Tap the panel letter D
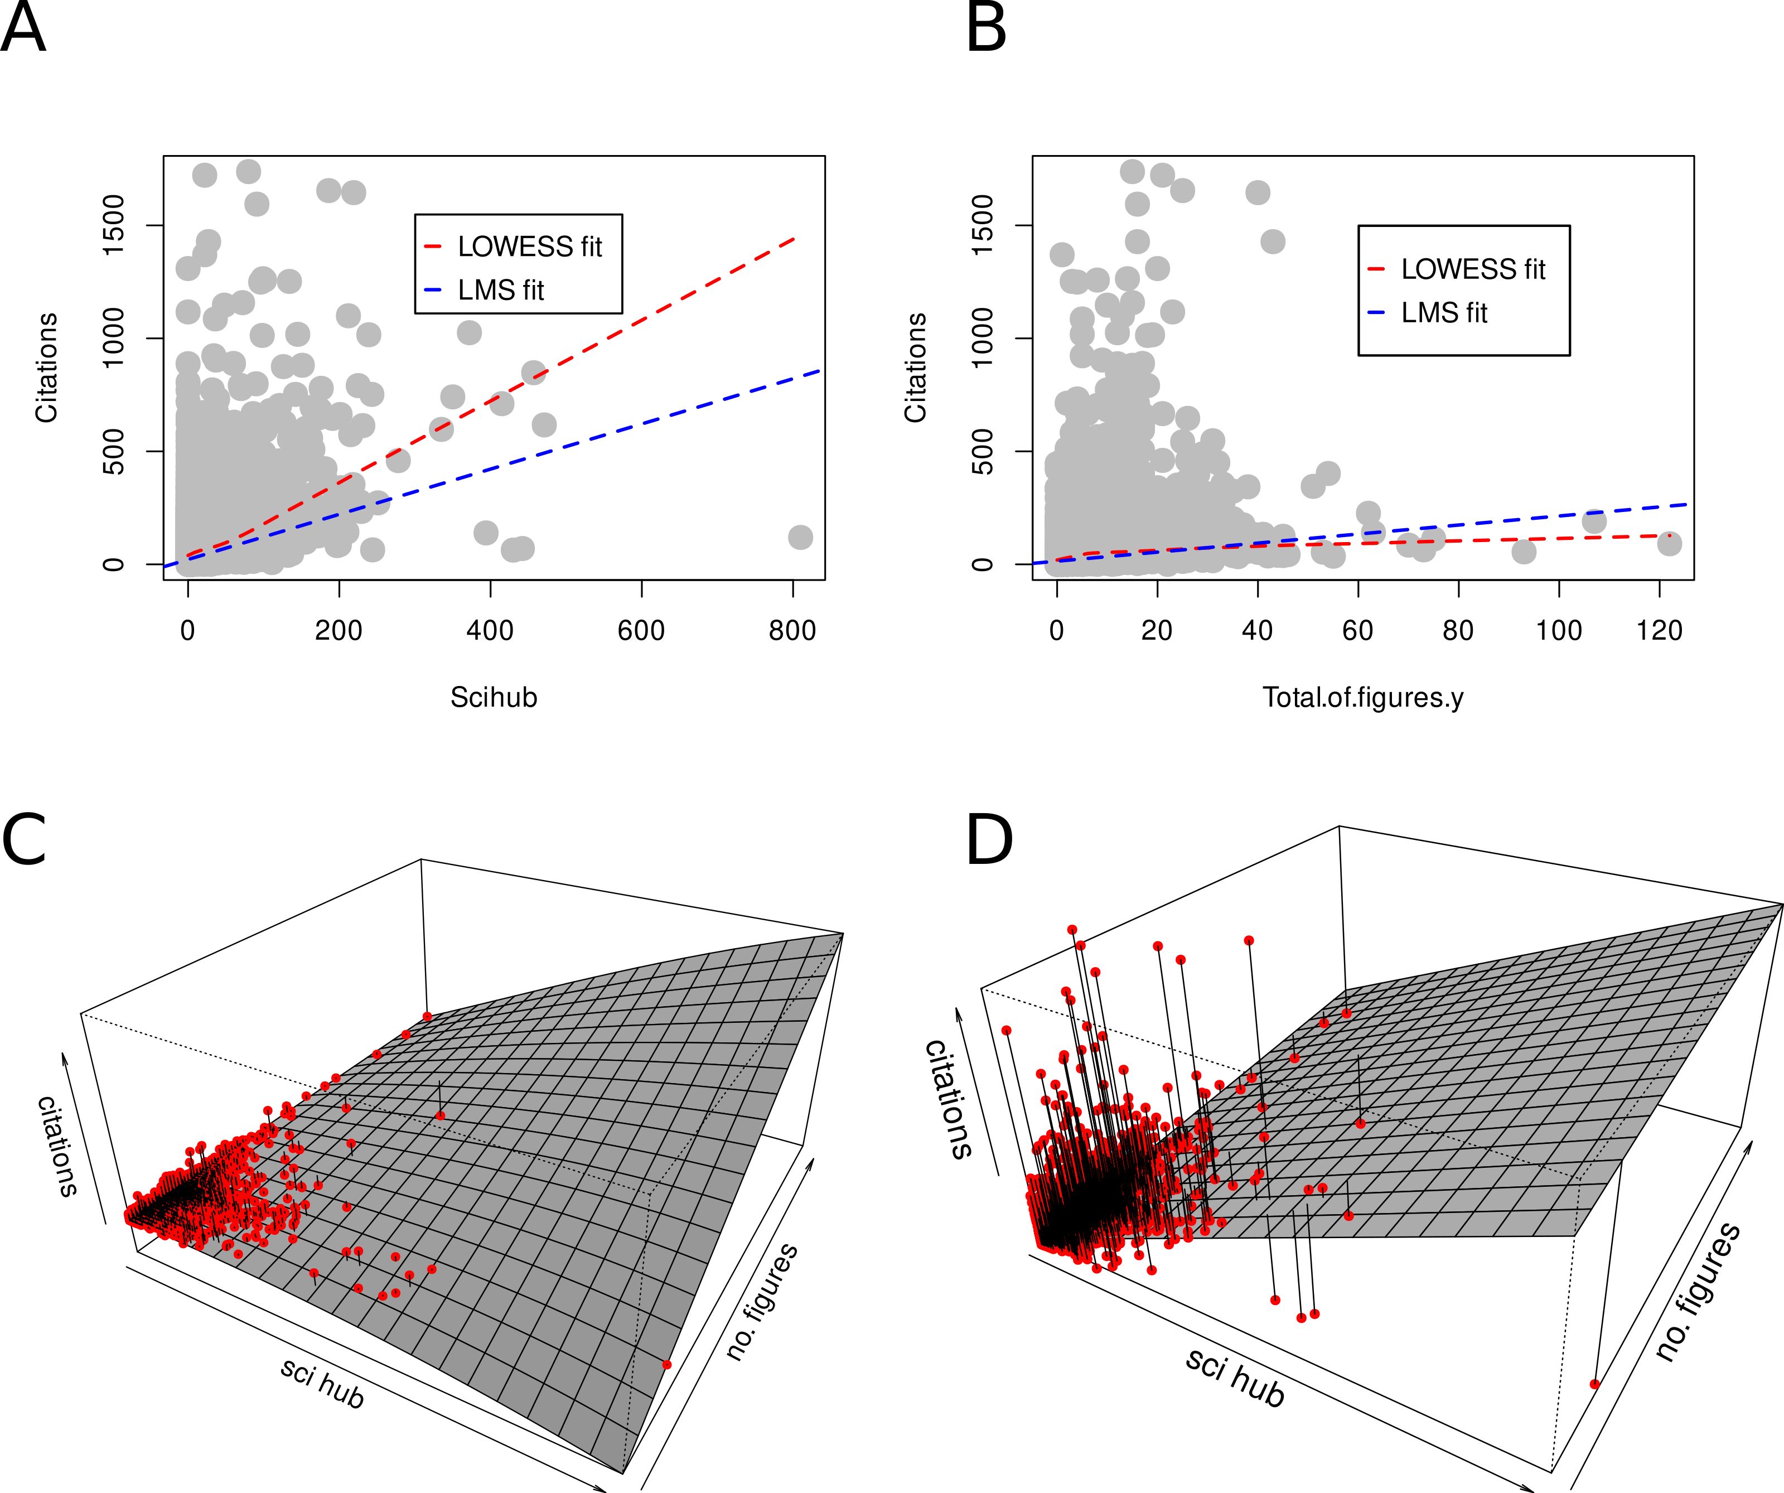pyautogui.click(x=990, y=839)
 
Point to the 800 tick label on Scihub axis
pyautogui.click(x=792, y=631)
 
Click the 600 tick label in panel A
pyautogui.click(x=641, y=631)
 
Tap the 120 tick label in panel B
pyautogui.click(x=1659, y=631)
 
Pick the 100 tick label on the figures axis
pyautogui.click(x=1559, y=631)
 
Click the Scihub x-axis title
pyautogui.click(x=494, y=698)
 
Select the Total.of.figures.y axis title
pyautogui.click(x=1362, y=698)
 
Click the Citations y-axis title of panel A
pyautogui.click(x=47, y=367)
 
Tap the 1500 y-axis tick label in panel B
pyautogui.click(x=982, y=225)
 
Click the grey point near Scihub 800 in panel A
pyautogui.click(x=800, y=537)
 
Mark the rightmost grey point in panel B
pyautogui.click(x=1669, y=543)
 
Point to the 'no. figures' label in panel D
pyautogui.click(x=1698, y=1292)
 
